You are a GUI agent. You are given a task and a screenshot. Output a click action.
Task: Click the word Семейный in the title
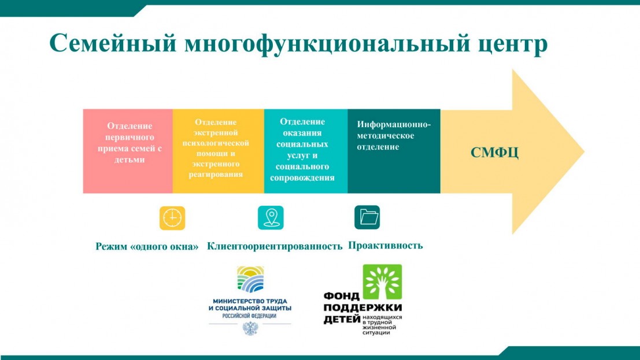click(x=113, y=43)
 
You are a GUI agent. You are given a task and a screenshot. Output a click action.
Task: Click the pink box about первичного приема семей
click(x=128, y=151)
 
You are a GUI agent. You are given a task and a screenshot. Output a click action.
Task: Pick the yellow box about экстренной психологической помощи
click(x=219, y=151)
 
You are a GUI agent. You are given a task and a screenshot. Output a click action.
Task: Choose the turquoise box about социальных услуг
click(x=306, y=151)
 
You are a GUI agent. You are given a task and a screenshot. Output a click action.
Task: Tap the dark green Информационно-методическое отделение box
click(x=394, y=151)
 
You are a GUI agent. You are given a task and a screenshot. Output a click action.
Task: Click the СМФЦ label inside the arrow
click(x=494, y=153)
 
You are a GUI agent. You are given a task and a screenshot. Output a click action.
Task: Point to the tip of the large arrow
click(x=584, y=151)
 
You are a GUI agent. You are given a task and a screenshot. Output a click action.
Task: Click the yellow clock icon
click(x=172, y=218)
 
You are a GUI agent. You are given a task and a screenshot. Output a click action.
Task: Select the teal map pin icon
click(x=271, y=217)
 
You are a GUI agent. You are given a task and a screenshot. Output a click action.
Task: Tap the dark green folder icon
click(x=367, y=217)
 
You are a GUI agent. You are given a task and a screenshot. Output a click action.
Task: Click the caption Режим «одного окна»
click(x=147, y=247)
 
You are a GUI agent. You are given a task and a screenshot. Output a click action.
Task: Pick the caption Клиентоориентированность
click(x=275, y=246)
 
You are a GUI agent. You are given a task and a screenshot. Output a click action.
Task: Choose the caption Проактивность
click(x=385, y=246)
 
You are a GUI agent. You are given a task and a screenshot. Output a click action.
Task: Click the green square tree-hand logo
click(x=383, y=282)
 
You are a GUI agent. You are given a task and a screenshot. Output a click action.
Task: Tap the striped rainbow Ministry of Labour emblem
click(x=250, y=280)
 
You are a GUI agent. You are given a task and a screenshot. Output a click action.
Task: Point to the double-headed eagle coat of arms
click(x=250, y=328)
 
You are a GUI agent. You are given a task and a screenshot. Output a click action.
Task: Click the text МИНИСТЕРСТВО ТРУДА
click(x=250, y=301)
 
